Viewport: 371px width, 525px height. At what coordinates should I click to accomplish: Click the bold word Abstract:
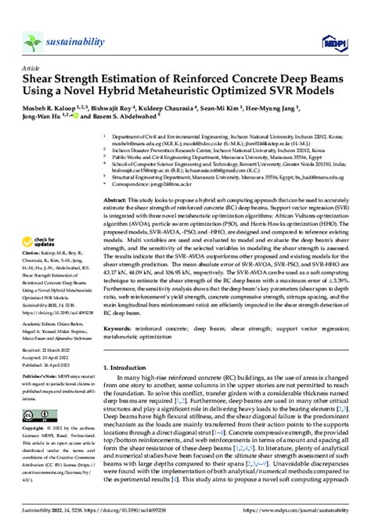pos(118,201)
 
